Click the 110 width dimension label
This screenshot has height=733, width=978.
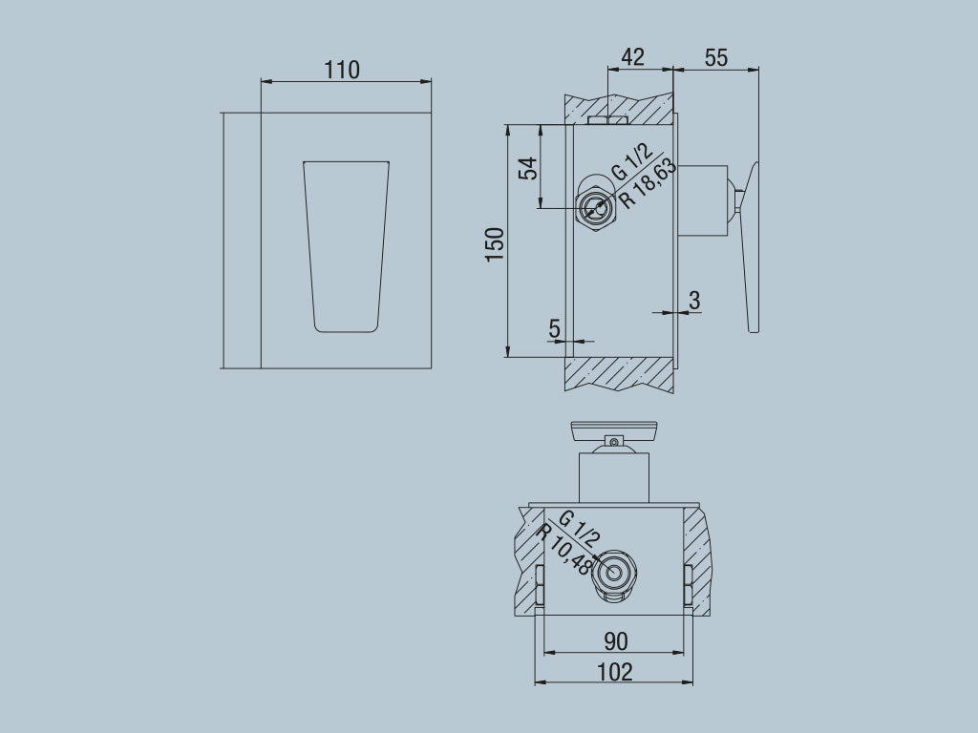(x=342, y=70)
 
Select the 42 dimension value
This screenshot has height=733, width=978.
(x=632, y=56)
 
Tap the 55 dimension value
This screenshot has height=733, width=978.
(x=715, y=56)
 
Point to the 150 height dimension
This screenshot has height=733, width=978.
(x=495, y=245)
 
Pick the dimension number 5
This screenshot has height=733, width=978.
(x=555, y=328)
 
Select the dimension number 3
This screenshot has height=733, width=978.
(x=694, y=300)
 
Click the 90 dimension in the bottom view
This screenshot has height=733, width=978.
(x=616, y=641)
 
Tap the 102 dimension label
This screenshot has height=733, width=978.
(x=614, y=672)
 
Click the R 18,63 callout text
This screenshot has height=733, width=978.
(x=648, y=183)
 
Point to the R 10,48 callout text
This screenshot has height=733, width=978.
(x=564, y=550)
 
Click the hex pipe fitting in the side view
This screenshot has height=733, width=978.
(x=597, y=207)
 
